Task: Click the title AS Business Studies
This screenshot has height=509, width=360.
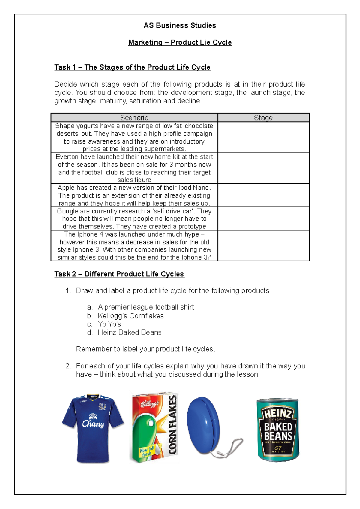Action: (180, 25)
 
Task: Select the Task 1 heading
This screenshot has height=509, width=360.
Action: (132, 67)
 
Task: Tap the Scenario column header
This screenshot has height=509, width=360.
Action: (134, 118)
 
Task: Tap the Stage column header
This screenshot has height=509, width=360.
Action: (263, 118)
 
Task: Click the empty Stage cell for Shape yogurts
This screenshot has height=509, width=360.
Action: (263, 138)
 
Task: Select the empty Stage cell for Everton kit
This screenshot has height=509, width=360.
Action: (263, 168)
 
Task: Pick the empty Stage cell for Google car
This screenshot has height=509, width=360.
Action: (263, 219)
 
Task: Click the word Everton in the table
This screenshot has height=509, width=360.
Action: (68, 157)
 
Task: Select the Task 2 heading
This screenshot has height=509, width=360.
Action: (119, 274)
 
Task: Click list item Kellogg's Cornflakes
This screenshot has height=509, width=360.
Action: (130, 316)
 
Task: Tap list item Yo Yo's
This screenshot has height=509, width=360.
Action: (109, 324)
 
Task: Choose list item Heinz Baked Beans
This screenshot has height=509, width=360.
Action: (129, 332)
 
